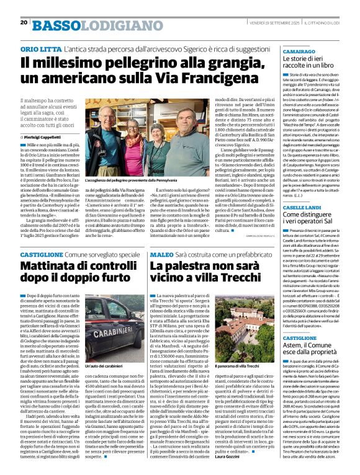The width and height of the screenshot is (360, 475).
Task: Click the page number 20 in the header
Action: [24, 22]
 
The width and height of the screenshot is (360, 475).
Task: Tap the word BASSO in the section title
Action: [55, 24]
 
